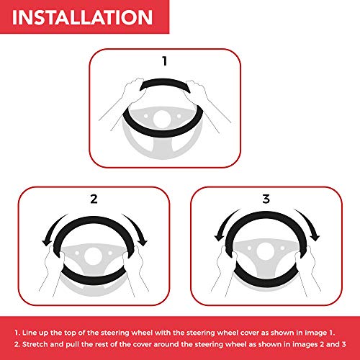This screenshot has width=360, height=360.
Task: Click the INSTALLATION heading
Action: (x=82, y=17)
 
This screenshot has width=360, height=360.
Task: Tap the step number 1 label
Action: (x=165, y=61)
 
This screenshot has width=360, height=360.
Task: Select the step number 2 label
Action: (x=94, y=199)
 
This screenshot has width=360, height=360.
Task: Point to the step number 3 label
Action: (x=266, y=199)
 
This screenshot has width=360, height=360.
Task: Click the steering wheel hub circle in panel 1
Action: (x=162, y=120)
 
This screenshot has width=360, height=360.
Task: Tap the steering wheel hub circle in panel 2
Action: (x=94, y=256)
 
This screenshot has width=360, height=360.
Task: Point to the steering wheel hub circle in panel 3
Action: (x=266, y=251)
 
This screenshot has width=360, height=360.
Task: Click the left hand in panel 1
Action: (x=131, y=91)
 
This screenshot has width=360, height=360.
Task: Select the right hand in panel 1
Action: (x=197, y=91)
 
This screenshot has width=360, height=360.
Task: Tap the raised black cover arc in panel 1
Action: (x=165, y=81)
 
